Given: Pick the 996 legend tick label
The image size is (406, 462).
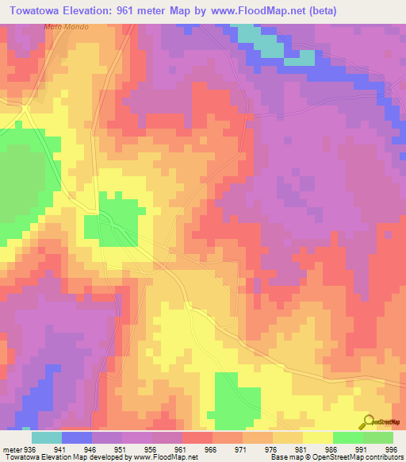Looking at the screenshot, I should tap(390, 448).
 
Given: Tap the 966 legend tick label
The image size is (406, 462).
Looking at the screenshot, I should tap(211, 448).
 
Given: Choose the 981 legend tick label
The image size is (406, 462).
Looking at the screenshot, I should tap(301, 448).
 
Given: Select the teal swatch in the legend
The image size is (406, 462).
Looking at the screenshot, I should tap(47, 437).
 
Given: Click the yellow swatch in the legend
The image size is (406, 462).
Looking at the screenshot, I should tap(318, 437).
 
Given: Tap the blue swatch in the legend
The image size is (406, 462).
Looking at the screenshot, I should tap(77, 437).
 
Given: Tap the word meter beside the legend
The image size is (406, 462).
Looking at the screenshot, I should tap(11, 448).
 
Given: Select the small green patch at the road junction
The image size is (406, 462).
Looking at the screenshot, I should tap(118, 218).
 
